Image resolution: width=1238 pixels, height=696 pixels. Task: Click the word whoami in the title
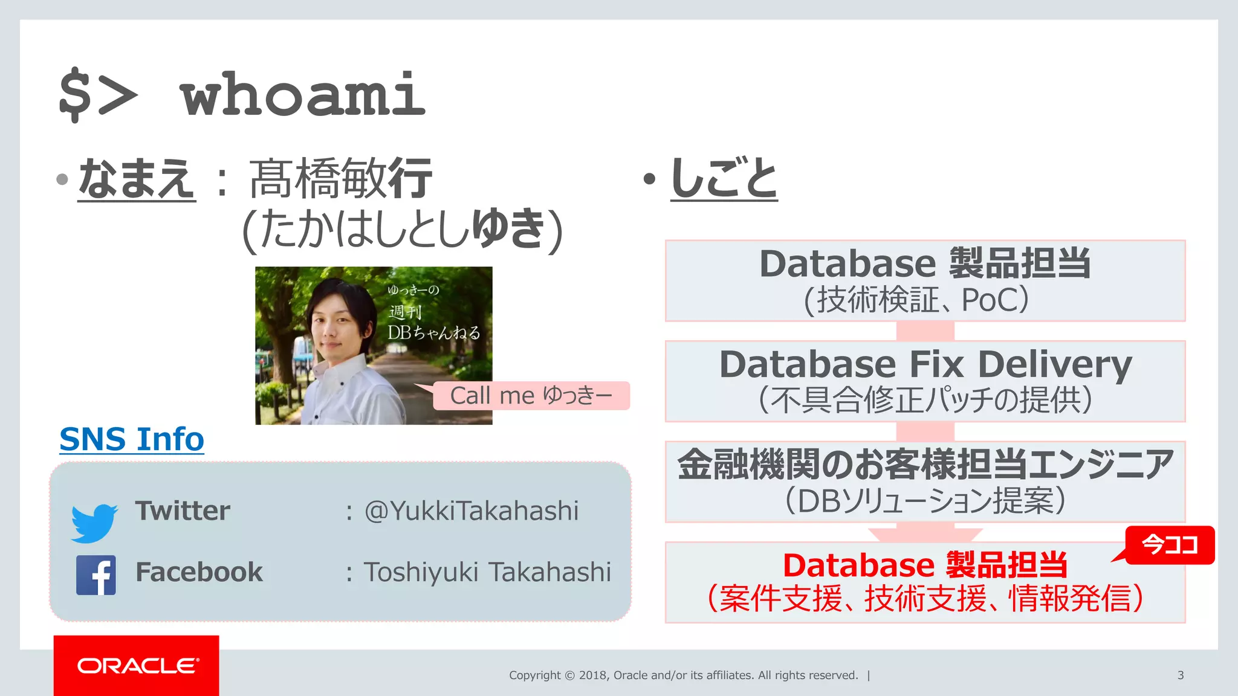[x=302, y=95]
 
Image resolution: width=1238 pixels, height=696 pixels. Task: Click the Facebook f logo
[x=96, y=575]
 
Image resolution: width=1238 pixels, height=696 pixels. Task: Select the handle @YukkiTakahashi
[x=472, y=511]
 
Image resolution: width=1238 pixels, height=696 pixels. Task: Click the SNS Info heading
[x=132, y=439]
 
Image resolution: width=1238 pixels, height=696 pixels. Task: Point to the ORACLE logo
[x=137, y=666]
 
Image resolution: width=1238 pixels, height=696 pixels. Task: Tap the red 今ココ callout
[x=1170, y=545]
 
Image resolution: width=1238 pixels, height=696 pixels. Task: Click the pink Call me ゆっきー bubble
[x=531, y=396]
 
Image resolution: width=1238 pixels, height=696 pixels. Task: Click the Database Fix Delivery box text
[x=925, y=365]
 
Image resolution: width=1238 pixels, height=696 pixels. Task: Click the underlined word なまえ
[x=137, y=179]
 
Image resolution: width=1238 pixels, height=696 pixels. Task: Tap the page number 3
[x=1180, y=675]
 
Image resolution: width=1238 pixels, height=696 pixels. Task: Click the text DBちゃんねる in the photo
[x=433, y=332]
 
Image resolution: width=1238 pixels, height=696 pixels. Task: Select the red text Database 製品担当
[x=925, y=565]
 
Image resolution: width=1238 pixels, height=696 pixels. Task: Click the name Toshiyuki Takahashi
[x=487, y=572]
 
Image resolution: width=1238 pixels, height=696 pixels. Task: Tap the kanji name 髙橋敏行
[x=340, y=179]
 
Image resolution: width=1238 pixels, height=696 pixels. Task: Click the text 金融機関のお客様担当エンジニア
[x=925, y=465]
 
